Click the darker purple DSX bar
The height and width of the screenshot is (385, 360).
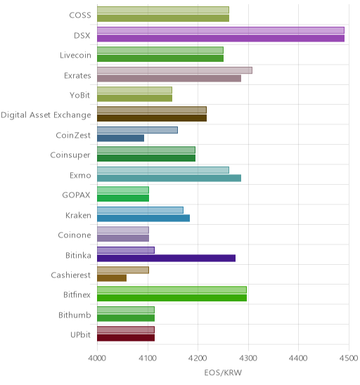click(221, 39)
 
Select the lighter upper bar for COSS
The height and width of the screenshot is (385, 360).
click(163, 10)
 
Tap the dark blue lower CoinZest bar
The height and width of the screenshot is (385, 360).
click(120, 138)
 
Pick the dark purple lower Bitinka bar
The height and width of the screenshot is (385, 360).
click(166, 258)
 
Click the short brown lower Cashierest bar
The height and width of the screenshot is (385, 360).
click(112, 278)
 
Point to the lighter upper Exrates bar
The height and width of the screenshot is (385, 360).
click(174, 70)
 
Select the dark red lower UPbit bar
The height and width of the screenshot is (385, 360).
click(126, 338)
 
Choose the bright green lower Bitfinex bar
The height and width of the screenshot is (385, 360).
click(172, 298)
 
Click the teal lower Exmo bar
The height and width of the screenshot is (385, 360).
click(169, 178)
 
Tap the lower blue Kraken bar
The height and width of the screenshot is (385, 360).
click(143, 218)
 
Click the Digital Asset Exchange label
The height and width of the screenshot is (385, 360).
click(46, 115)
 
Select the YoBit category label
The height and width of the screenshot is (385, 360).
click(80, 95)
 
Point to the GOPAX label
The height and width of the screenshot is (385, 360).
click(76, 195)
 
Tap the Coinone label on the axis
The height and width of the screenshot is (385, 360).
click(75, 235)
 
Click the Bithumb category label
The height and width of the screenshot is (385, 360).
click(75, 315)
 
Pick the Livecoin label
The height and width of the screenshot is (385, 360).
click(75, 55)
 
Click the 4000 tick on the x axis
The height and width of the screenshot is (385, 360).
click(97, 358)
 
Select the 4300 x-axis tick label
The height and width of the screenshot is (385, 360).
click(248, 358)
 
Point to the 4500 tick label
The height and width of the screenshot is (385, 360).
click(349, 358)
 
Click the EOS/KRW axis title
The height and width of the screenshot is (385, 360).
click(223, 373)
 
